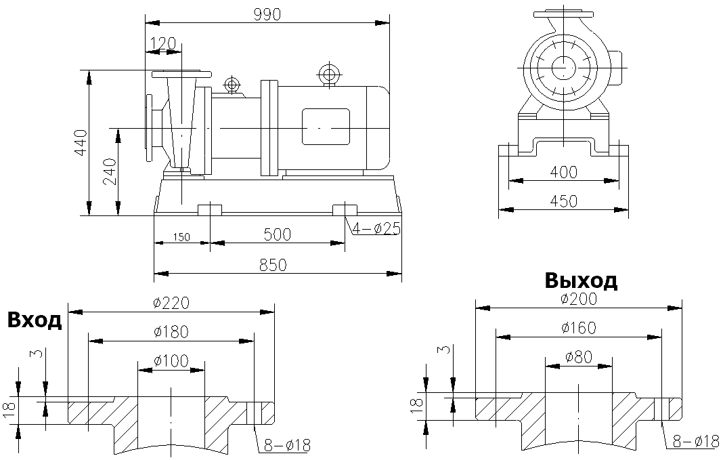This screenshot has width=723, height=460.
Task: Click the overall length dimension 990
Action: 267,14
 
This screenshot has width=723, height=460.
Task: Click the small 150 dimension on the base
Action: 181,236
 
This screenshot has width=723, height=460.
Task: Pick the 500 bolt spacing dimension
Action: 277,234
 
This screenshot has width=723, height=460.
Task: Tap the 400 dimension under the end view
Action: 563,172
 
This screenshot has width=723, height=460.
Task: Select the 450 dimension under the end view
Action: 563,201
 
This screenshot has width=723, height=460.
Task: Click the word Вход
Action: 35,320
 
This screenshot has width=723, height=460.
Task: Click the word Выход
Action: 580,280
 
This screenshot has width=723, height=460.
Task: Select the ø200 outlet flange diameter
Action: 579,299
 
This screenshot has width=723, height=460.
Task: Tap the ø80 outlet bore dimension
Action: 579,356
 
